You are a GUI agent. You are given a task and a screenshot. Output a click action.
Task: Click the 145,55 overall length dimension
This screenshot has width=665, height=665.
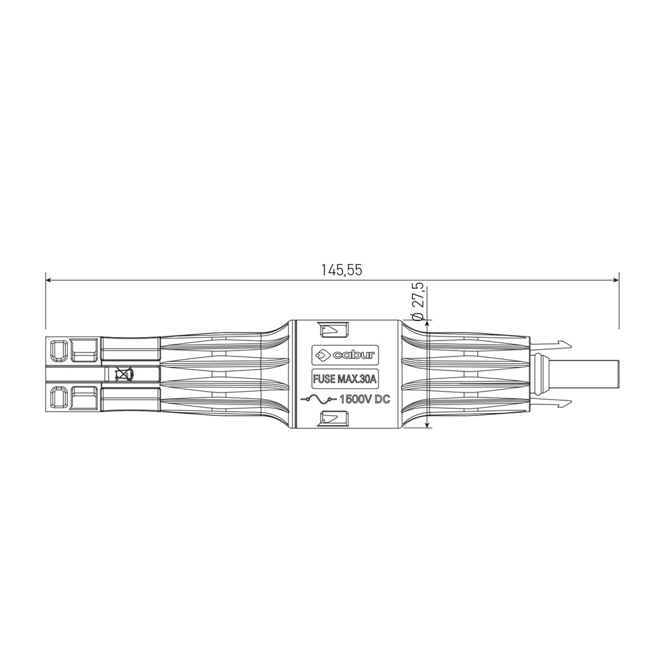(x=341, y=270)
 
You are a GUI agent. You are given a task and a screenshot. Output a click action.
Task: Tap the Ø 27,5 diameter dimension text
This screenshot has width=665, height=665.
(x=418, y=301)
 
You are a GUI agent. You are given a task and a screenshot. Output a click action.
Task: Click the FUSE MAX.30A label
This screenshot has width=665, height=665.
(x=344, y=379)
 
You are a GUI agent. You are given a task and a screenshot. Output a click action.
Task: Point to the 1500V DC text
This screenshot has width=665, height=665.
(x=365, y=400)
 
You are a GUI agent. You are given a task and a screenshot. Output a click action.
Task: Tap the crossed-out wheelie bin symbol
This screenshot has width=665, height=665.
(x=123, y=374)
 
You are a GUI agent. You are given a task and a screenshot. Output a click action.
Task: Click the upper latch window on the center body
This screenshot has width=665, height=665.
(x=333, y=330)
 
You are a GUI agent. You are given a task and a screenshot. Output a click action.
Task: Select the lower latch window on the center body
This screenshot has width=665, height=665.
(x=333, y=418)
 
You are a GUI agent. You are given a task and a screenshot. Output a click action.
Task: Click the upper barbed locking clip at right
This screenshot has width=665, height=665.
(x=550, y=344)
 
